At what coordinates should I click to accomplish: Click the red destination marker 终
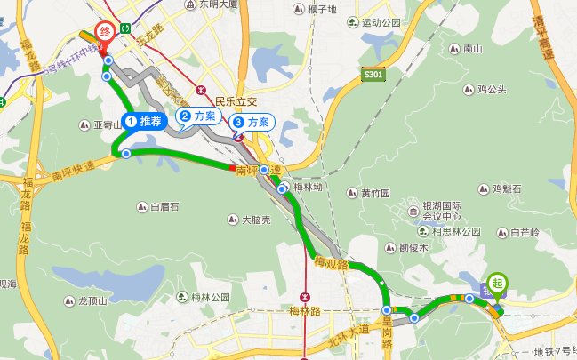point(106,33)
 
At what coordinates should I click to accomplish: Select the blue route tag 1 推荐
point(146,119)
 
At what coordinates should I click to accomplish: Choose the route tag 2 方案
point(198,116)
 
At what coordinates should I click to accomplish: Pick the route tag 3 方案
point(252,121)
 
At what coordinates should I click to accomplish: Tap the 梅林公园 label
point(212,297)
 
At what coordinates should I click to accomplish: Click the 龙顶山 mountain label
point(92,300)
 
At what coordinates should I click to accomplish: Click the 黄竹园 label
point(375,193)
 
